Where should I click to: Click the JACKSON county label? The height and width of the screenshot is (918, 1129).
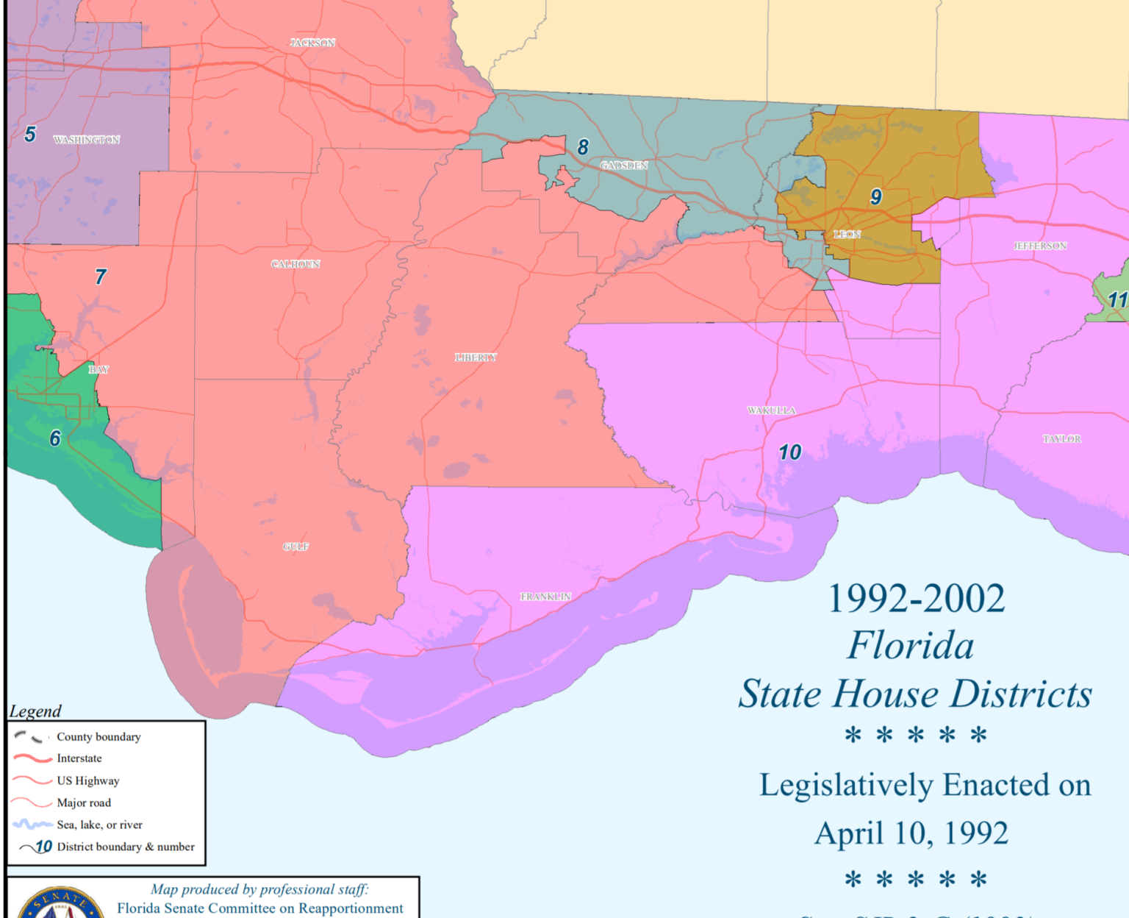click(312, 43)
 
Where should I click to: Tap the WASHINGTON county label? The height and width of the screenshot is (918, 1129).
click(87, 140)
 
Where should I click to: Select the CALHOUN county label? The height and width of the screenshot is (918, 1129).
click(295, 264)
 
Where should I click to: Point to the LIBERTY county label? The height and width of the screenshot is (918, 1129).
click(476, 357)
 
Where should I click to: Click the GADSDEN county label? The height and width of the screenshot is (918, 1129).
click(623, 166)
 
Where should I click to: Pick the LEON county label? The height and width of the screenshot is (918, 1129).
click(847, 235)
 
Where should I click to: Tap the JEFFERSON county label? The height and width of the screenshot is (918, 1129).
click(1039, 246)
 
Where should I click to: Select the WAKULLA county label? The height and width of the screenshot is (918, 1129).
click(771, 410)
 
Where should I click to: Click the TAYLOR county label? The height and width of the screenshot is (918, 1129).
click(1061, 439)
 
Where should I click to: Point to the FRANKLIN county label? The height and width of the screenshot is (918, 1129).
click(545, 597)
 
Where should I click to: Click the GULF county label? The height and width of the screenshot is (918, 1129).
click(295, 547)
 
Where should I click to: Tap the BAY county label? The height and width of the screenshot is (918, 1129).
click(98, 369)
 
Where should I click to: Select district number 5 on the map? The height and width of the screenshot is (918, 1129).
click(30, 135)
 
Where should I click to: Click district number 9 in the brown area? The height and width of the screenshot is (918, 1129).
click(875, 197)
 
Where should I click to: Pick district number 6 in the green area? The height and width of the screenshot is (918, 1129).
click(55, 439)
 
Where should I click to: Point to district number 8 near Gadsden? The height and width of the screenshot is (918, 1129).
click(583, 148)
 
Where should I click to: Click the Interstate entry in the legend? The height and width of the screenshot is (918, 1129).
click(79, 758)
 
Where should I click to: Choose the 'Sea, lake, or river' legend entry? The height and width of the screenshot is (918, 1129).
click(99, 825)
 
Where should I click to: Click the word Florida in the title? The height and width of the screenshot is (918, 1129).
click(910, 646)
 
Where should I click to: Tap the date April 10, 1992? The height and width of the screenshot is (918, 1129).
click(911, 833)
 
